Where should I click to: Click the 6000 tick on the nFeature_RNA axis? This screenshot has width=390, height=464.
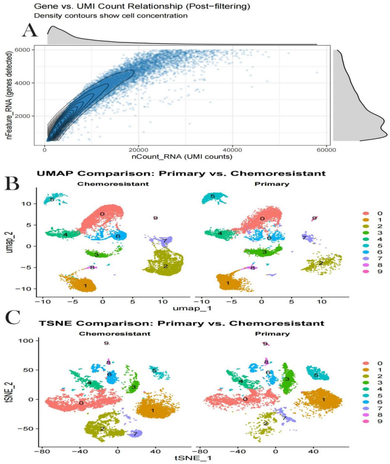click(23, 50)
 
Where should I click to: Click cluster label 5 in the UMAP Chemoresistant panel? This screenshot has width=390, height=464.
click(52, 199)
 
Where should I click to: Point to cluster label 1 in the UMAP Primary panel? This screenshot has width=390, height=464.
click(227, 283)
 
